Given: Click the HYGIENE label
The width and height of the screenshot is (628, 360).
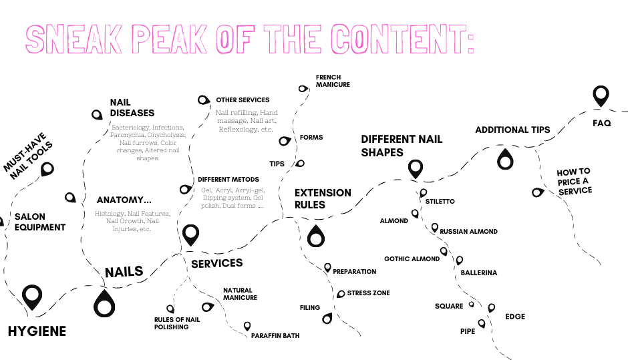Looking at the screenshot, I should [37, 331].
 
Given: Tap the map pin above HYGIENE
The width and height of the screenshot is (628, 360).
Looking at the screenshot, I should [31, 297].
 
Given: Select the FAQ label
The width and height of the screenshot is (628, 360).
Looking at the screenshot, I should [601, 124].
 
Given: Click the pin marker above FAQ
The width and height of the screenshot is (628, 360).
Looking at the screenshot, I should [601, 96].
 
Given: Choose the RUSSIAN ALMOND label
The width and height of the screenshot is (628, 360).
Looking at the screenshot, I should [468, 232].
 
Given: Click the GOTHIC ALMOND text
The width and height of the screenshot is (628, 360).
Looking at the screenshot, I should [412, 259].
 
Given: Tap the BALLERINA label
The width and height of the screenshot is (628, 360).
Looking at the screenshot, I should [479, 273].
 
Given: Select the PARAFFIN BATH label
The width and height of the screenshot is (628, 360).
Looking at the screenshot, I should [275, 335].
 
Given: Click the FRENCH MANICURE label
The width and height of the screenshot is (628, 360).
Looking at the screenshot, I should [333, 81].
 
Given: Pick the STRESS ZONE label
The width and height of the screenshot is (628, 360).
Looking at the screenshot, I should [368, 293].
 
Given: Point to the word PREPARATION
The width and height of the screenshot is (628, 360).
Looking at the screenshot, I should [354, 272].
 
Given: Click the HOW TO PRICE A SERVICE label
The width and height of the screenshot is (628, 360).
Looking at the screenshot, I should [574, 181].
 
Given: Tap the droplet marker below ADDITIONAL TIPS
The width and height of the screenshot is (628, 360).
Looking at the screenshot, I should [506, 159].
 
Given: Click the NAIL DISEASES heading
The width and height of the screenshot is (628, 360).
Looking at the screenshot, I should [132, 108].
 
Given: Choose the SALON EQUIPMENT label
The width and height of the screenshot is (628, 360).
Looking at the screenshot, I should [40, 222].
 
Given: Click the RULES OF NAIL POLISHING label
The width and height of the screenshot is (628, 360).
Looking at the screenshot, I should [176, 323].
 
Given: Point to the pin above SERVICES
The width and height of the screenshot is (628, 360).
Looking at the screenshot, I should [191, 234].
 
